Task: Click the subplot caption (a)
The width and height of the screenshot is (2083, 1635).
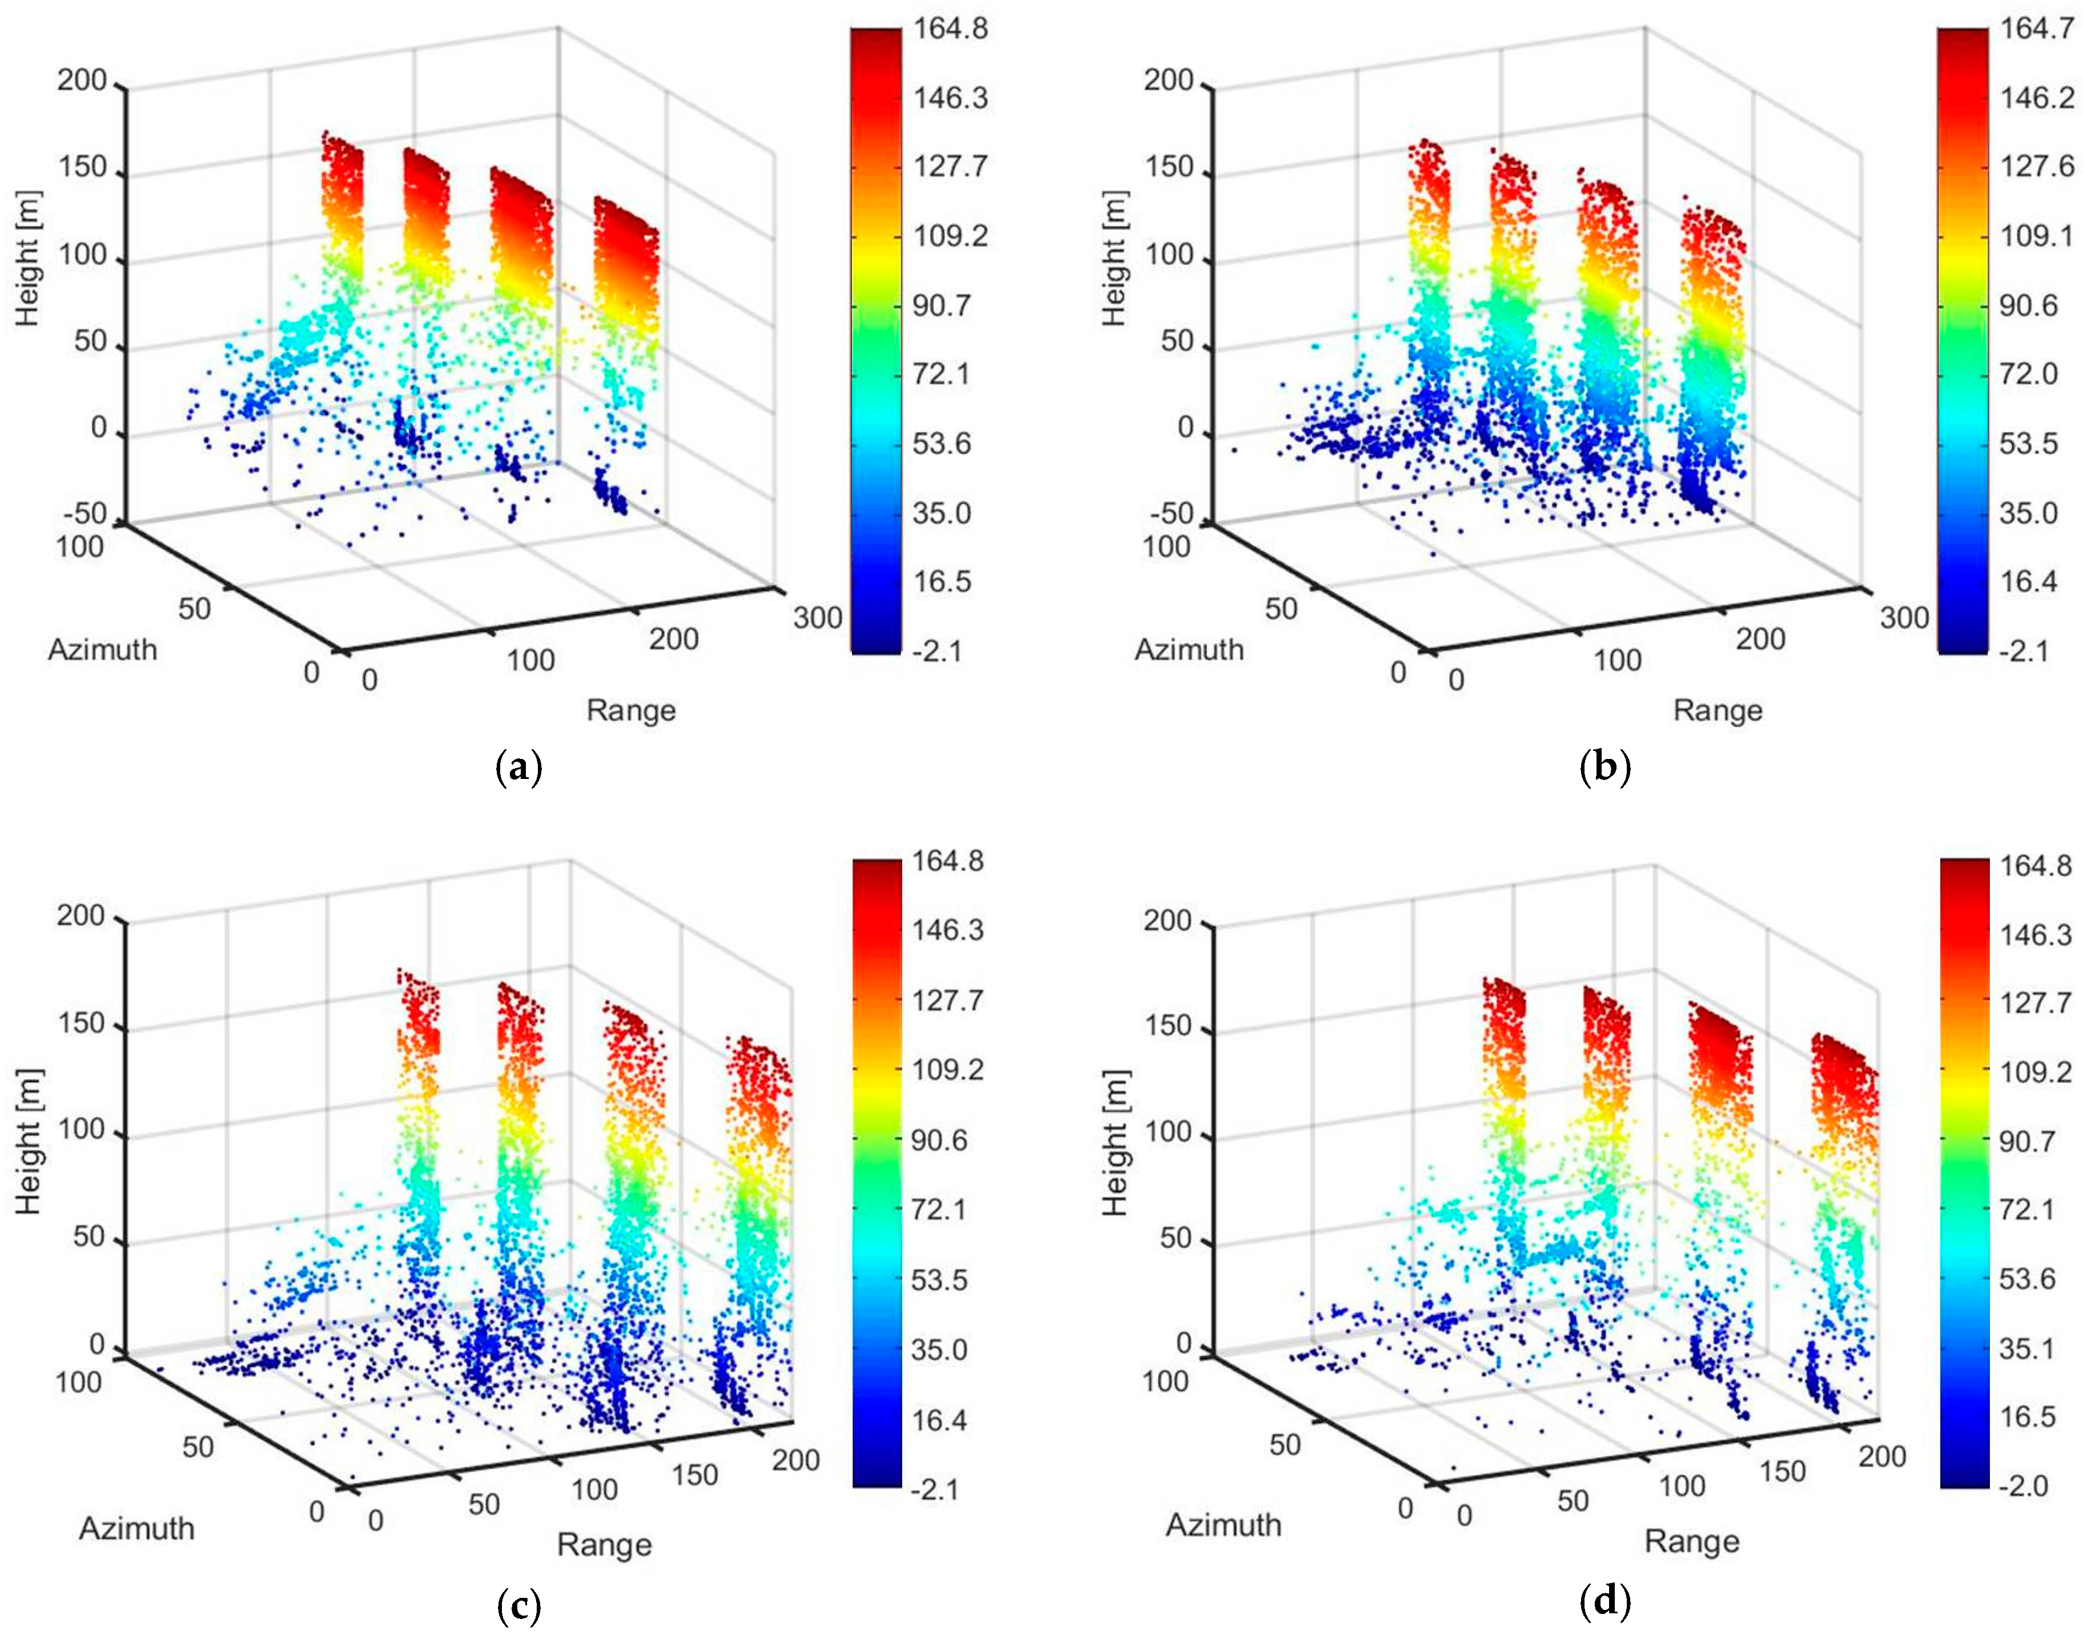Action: click(x=520, y=768)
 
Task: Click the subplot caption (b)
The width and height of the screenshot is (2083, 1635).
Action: click(x=1605, y=768)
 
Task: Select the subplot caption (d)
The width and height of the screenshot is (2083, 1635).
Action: click(x=1605, y=1601)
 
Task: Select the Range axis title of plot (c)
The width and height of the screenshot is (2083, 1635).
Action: click(x=604, y=1544)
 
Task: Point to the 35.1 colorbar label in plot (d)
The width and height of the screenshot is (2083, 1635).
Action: click(x=2026, y=1349)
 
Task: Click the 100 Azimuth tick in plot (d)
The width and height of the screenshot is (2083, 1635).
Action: click(x=1164, y=1381)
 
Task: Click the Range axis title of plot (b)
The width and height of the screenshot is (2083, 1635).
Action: click(x=1718, y=710)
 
